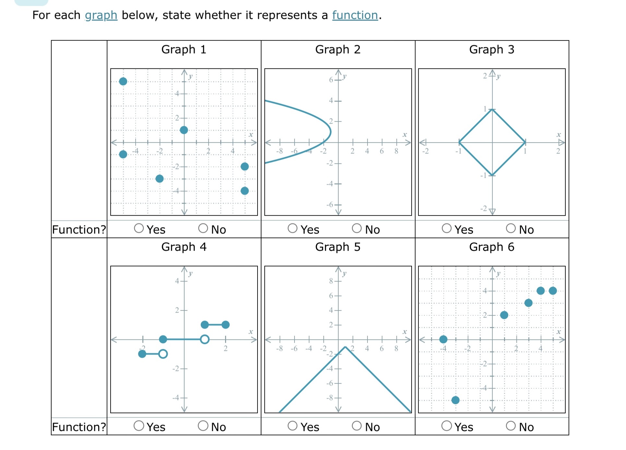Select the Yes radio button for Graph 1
139,228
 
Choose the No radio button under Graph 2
357,228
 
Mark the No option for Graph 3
511,228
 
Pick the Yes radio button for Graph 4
139,426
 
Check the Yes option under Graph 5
293,426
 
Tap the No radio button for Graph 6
511,426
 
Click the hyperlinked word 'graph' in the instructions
101,15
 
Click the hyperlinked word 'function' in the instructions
355,15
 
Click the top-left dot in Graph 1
123,81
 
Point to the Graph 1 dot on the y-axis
184,130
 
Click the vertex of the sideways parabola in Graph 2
330,132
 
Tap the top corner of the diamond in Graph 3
492,110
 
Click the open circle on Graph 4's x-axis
205,339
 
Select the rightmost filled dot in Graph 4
226,325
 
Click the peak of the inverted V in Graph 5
345,347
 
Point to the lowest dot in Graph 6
455,400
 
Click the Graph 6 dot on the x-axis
443,339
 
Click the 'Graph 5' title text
338,247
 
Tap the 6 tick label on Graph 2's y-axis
331,80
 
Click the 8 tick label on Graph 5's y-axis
331,281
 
